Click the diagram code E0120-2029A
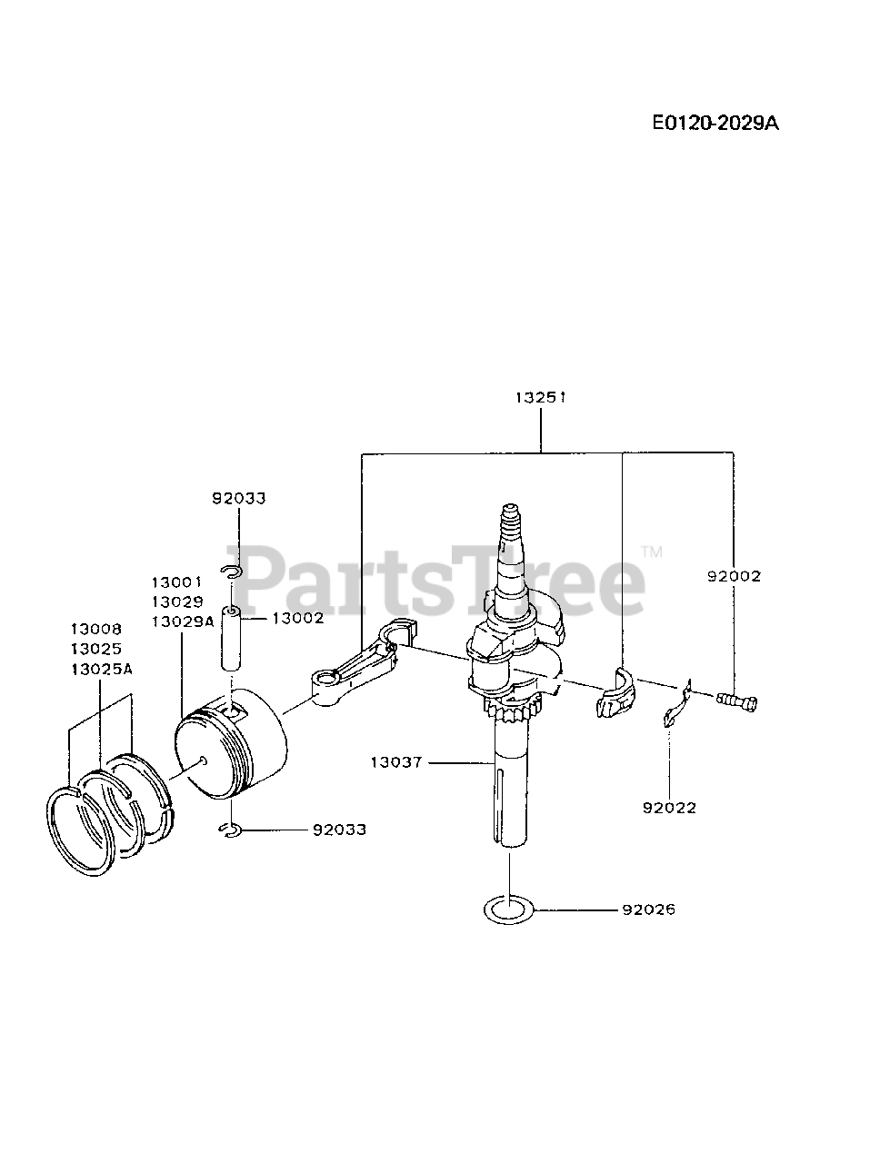(x=715, y=123)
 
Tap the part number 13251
(x=542, y=397)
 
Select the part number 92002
(x=734, y=575)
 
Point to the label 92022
(x=668, y=807)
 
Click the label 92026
(x=648, y=909)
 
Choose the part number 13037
(x=396, y=762)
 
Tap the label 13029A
(x=182, y=621)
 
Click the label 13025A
(x=102, y=669)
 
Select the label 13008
(x=96, y=629)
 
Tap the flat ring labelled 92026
(x=508, y=909)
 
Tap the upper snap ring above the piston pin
(x=231, y=571)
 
